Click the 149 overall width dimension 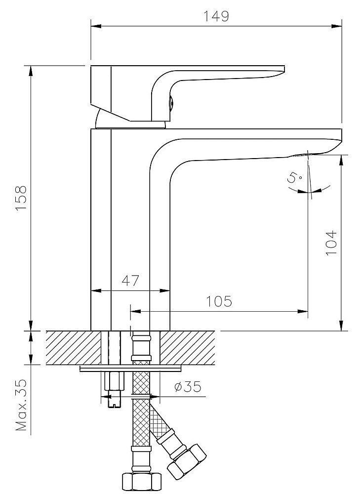coord(217,16)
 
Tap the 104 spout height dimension coord(330,242)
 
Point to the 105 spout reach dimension coord(219,301)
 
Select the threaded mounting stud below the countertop coord(114,390)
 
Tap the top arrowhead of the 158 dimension coord(31,69)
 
